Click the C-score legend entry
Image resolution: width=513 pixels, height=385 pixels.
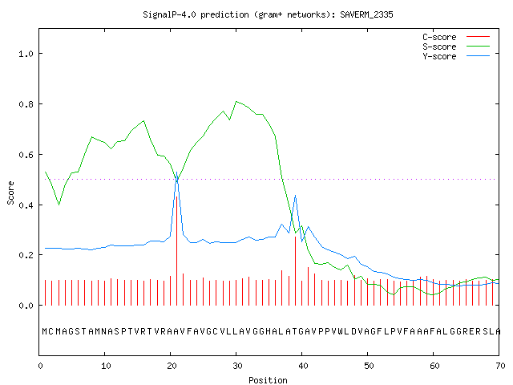tap(439, 37)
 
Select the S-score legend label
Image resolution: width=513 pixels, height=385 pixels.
tap(439, 47)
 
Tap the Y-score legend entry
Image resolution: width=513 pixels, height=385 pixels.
tap(439, 56)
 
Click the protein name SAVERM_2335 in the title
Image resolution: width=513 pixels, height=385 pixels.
tap(366, 14)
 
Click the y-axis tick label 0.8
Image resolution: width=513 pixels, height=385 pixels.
tap(26, 104)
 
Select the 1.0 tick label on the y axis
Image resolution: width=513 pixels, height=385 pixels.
tap(26, 54)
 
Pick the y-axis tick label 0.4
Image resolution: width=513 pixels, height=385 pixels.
tap(26, 205)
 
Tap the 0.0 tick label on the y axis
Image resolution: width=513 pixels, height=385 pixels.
tap(26, 306)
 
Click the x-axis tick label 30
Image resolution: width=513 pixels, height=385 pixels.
tap(237, 366)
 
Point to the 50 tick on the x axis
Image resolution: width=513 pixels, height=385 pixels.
tap(369, 366)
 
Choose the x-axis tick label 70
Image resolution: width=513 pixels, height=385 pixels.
tap(500, 366)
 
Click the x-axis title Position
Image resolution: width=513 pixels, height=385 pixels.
tap(268, 380)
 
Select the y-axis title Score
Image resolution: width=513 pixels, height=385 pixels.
tap(10, 193)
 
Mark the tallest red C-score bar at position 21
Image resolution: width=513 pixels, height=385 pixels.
tap(177, 251)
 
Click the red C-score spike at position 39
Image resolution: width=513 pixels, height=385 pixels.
tap(296, 271)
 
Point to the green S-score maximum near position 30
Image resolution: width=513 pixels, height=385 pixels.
tap(236, 102)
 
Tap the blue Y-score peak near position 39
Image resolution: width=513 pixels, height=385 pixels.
tap(296, 196)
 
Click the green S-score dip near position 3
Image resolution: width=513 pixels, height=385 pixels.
tap(59, 205)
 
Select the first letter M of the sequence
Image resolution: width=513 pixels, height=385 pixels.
tap(45, 331)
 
